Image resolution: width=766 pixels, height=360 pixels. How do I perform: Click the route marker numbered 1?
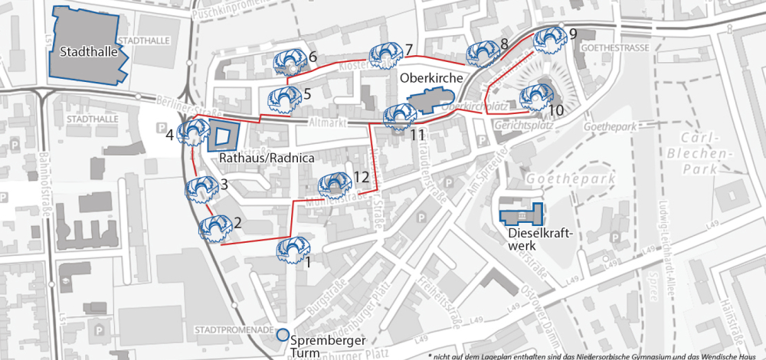pos(292,250)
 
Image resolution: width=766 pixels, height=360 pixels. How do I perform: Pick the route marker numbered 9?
pos(548,38)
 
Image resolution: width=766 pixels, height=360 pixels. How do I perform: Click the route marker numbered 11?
pos(399,116)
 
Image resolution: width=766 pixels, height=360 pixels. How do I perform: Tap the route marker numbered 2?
pos(214,228)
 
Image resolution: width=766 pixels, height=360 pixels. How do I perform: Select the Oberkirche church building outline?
pos(431,103)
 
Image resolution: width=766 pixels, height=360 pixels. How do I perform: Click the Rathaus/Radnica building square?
pos(223,136)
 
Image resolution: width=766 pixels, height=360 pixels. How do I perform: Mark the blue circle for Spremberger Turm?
pos(282,334)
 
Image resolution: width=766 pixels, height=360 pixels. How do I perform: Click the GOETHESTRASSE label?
pos(615,47)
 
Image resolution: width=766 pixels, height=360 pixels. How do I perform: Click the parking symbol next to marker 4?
pos(160,126)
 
